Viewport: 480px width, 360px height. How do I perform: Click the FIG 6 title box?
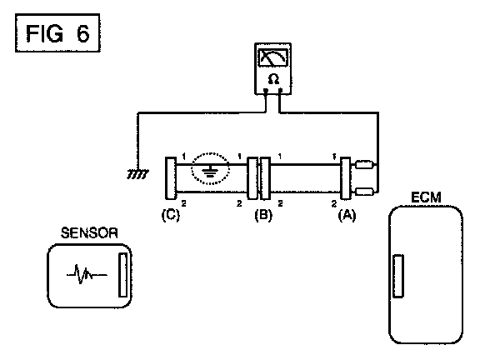[x=57, y=32]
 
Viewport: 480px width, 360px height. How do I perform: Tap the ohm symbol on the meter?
[x=273, y=79]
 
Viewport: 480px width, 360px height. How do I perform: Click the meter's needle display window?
[x=273, y=57]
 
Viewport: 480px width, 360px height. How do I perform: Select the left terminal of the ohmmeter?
[x=266, y=90]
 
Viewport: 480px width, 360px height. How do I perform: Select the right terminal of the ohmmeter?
[x=280, y=90]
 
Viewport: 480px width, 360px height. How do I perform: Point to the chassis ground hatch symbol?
[x=138, y=174]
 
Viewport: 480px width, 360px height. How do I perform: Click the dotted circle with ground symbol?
[x=210, y=168]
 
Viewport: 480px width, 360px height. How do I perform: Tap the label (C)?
[x=171, y=215]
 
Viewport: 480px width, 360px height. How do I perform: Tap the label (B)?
[x=263, y=215]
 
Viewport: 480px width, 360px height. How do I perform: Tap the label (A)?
[x=347, y=215]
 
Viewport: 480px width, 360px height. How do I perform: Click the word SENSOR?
[x=89, y=233]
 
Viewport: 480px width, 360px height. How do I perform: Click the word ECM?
[x=426, y=197]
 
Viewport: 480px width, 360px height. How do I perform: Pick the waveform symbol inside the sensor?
[x=87, y=274]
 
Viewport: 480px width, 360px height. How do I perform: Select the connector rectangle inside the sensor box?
[x=122, y=275]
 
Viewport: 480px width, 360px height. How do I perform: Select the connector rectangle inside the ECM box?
[x=398, y=276]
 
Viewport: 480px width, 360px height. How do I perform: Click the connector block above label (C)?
[x=171, y=178]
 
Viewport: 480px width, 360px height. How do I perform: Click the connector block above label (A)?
[x=346, y=178]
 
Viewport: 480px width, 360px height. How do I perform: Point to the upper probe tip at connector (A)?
[x=365, y=165]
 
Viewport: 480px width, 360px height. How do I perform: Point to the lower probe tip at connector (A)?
[x=365, y=192]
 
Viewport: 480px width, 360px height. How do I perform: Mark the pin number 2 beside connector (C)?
[x=183, y=202]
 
